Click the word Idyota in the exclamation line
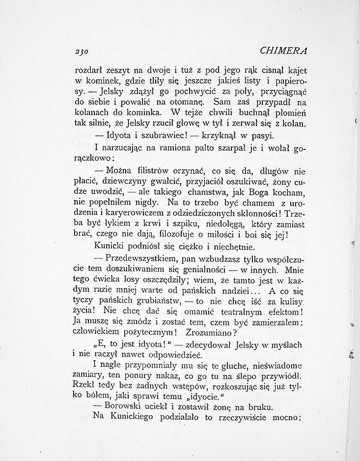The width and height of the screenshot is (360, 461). pos(111,135)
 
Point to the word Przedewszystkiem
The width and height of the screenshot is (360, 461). pos(136,259)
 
